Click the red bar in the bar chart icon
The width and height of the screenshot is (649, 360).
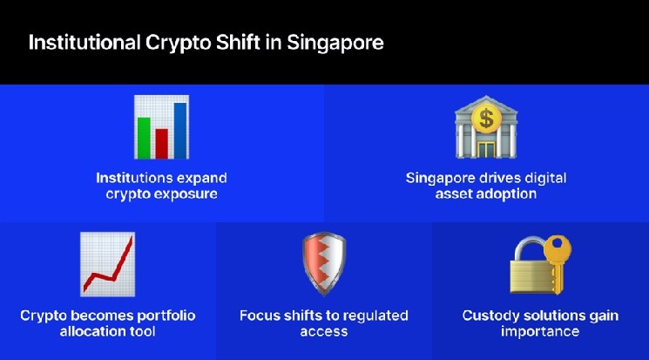tap(162, 139)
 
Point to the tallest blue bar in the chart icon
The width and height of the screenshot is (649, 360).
tap(180, 126)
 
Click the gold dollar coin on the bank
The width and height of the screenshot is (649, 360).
tap(485, 116)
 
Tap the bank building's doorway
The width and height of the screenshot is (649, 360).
tap(485, 146)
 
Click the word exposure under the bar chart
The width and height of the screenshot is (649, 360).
tap(186, 194)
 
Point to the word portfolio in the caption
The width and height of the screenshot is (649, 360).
tap(165, 315)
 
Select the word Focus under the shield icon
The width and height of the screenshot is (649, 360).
tap(260, 315)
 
